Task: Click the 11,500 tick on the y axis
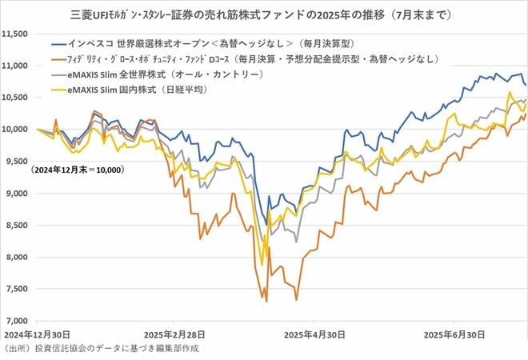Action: (16, 34)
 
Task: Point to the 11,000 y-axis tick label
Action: (16, 66)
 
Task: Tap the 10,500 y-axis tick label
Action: (16, 98)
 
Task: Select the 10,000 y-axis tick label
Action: (16, 130)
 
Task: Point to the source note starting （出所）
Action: (100, 349)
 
